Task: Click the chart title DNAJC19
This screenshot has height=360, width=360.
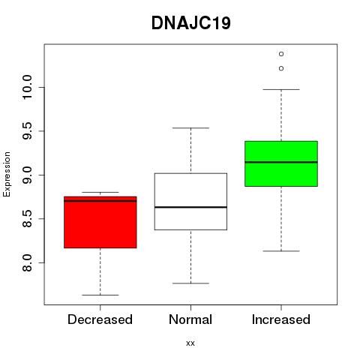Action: [x=191, y=23]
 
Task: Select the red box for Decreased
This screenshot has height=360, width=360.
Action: [x=100, y=222]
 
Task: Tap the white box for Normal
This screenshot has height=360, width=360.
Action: [x=190, y=202]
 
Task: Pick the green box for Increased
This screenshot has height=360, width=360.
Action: [x=281, y=163]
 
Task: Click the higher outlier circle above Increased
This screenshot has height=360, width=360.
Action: [x=281, y=54]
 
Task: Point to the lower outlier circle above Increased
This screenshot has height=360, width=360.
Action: [x=281, y=68]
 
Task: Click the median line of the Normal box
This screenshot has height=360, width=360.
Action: [x=190, y=207]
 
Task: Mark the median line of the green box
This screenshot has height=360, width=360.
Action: [x=281, y=162]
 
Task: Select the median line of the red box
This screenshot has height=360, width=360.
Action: [x=100, y=200]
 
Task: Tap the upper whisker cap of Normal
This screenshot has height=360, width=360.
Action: [x=190, y=128]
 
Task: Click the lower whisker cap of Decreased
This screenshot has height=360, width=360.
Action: [x=100, y=295]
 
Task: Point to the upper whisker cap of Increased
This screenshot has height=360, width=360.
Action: [x=281, y=89]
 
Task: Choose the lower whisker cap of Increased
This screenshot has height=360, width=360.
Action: [x=281, y=251]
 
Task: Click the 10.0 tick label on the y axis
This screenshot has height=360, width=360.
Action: [x=27, y=87]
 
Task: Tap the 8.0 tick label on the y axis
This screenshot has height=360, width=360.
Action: [x=27, y=262]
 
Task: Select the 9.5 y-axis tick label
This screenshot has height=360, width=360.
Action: [x=27, y=131]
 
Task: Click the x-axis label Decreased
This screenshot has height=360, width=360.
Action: [x=100, y=319]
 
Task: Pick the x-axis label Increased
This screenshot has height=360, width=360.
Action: [x=281, y=319]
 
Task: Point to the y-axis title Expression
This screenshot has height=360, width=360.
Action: [x=7, y=174]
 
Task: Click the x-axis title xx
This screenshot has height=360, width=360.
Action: [x=190, y=343]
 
